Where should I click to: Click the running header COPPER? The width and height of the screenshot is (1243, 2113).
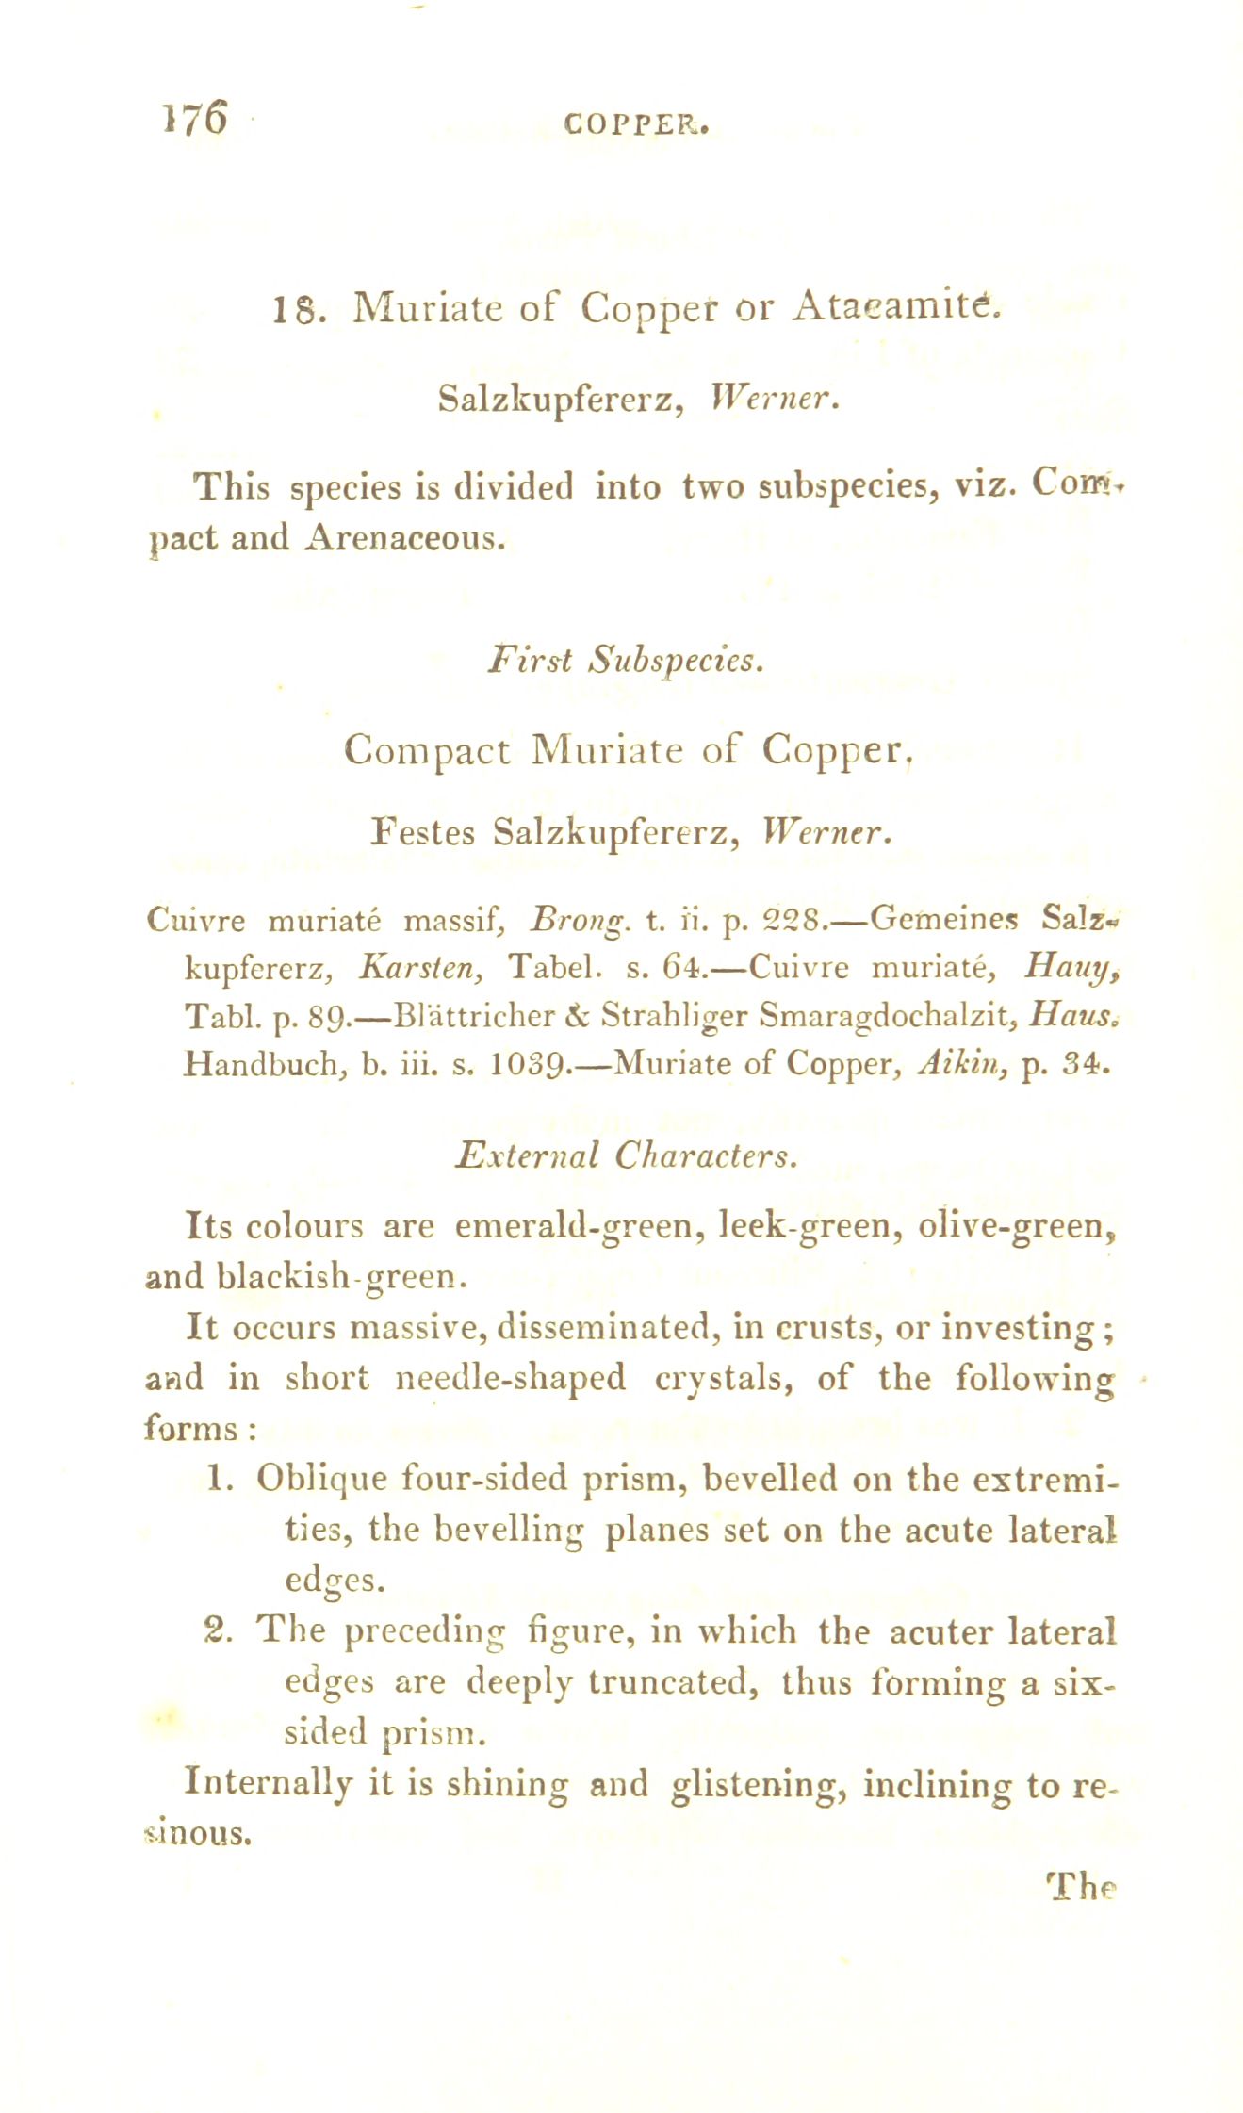pyautogui.click(x=635, y=123)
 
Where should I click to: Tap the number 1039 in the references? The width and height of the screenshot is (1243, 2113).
pyautogui.click(x=528, y=1064)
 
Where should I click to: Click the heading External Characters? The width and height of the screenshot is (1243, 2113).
pyautogui.click(x=626, y=1155)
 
